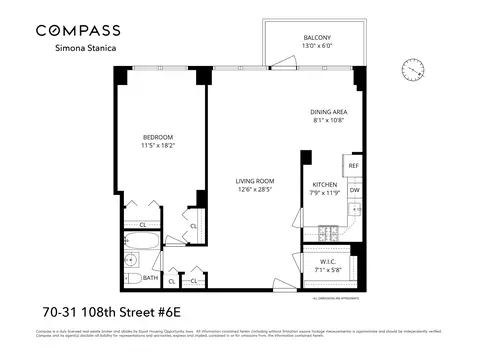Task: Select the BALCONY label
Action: pos(318,38)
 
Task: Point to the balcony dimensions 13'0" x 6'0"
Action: pos(318,47)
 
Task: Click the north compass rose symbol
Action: pos(411,68)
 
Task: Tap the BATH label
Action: pos(150,279)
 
